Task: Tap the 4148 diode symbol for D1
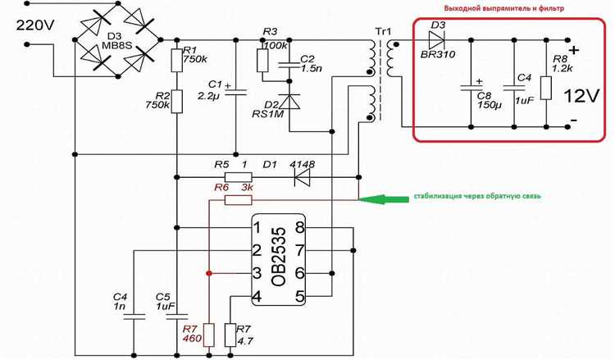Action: tap(305, 175)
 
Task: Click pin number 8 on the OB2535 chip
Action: tap(300, 228)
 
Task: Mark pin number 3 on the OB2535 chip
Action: tap(257, 274)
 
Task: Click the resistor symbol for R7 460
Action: tap(210, 335)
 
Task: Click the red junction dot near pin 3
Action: tap(210, 273)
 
